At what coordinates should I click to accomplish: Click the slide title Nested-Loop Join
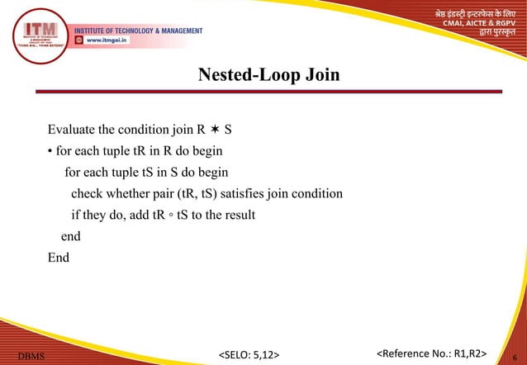tap(269, 77)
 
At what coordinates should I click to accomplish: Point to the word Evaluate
tap(73, 130)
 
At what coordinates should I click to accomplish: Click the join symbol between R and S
tap(214, 130)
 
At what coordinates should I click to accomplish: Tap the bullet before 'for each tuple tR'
tap(50, 153)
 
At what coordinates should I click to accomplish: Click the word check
tap(87, 195)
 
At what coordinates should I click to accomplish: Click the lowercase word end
tap(71, 237)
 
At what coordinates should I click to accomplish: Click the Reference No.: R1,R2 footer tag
tap(431, 355)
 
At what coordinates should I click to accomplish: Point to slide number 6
tap(516, 356)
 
